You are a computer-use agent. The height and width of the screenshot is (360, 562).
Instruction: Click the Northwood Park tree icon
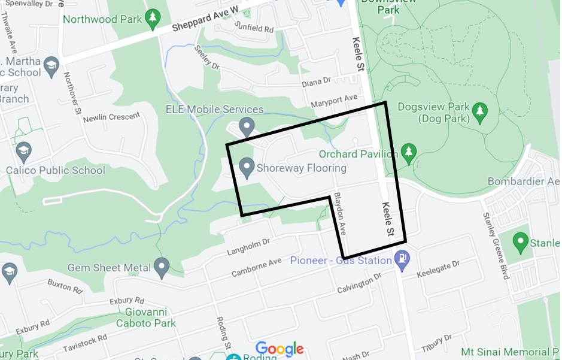154,19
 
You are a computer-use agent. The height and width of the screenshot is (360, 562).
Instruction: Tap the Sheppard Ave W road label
205,19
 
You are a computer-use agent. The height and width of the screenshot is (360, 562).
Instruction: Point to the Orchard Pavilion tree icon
408,153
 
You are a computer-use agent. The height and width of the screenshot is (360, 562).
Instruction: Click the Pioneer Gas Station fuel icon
402,259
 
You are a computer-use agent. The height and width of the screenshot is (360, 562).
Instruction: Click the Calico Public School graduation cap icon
24,150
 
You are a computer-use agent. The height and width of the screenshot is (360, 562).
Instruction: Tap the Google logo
280,349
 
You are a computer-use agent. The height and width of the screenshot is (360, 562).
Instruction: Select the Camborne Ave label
256,268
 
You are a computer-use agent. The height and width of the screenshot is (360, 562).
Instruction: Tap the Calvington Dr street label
359,282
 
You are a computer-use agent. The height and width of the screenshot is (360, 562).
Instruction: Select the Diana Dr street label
316,81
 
